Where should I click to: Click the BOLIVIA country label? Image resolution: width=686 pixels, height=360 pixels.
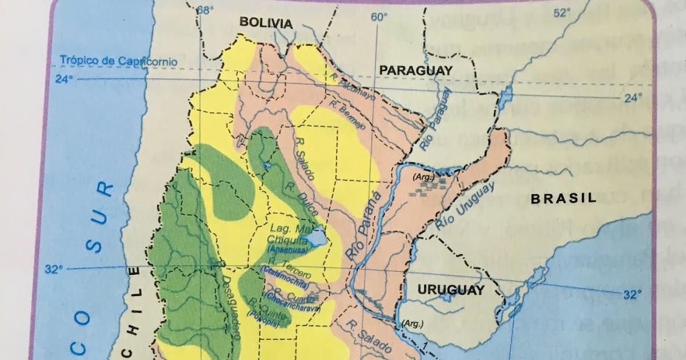(266, 23)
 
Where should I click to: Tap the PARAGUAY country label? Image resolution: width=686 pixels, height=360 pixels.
(416, 70)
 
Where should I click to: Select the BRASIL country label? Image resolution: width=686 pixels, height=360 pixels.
(564, 198)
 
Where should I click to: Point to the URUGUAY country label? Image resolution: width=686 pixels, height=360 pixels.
(451, 289)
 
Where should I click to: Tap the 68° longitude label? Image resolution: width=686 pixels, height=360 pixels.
(205, 10)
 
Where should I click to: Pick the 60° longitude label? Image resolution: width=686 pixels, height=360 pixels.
(378, 17)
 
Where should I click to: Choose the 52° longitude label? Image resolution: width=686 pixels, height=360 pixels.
(563, 13)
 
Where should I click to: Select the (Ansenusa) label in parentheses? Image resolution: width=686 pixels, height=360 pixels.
(290, 250)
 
